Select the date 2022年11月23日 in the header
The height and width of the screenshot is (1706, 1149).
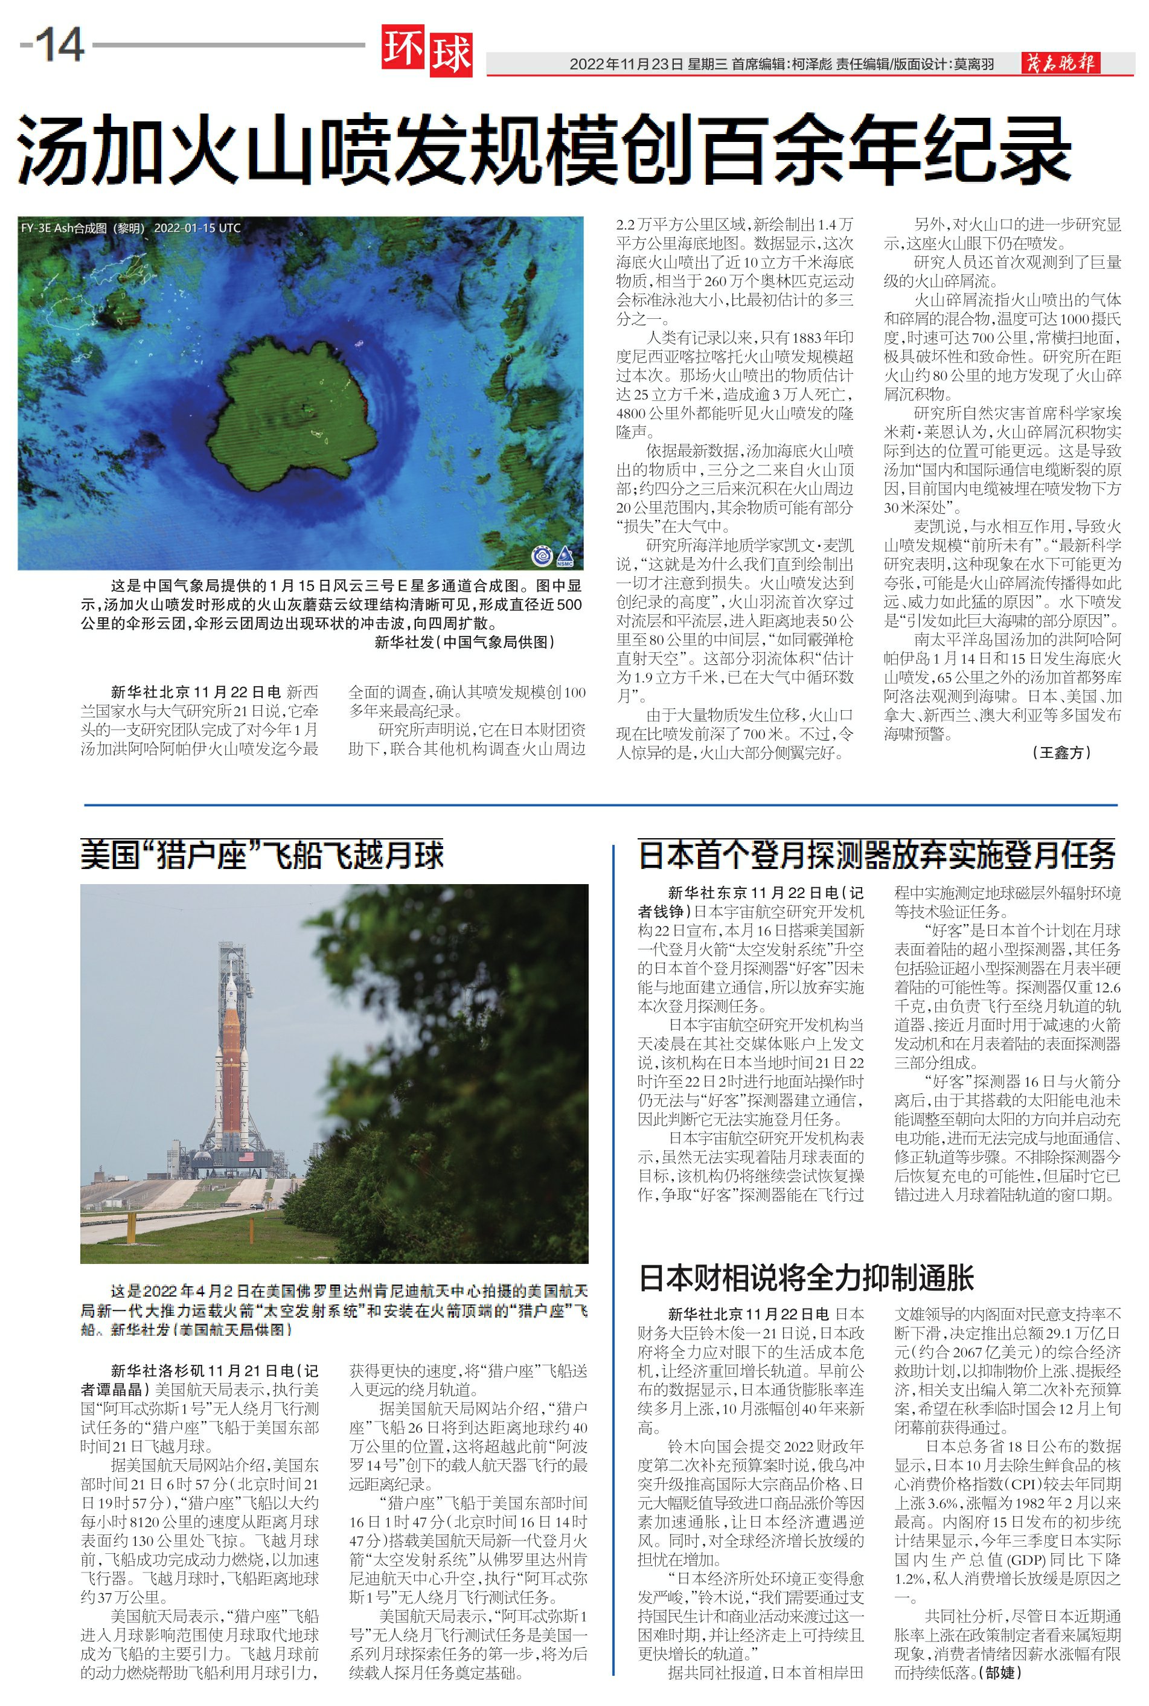point(626,65)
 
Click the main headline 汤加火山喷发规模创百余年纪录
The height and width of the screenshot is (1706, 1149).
point(544,149)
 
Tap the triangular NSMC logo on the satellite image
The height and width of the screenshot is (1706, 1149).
point(565,556)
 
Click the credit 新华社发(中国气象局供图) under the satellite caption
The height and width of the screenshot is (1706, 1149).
point(464,643)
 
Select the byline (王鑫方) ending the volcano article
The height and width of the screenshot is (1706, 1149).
point(1060,752)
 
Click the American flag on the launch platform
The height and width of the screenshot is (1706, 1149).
point(246,1156)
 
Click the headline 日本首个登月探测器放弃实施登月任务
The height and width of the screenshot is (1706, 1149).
point(877,855)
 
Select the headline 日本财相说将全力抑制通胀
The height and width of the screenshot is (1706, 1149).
point(806,1278)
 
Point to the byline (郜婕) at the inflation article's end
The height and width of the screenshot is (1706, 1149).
point(1001,1672)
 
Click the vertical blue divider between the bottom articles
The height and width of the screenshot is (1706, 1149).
point(613,1246)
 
